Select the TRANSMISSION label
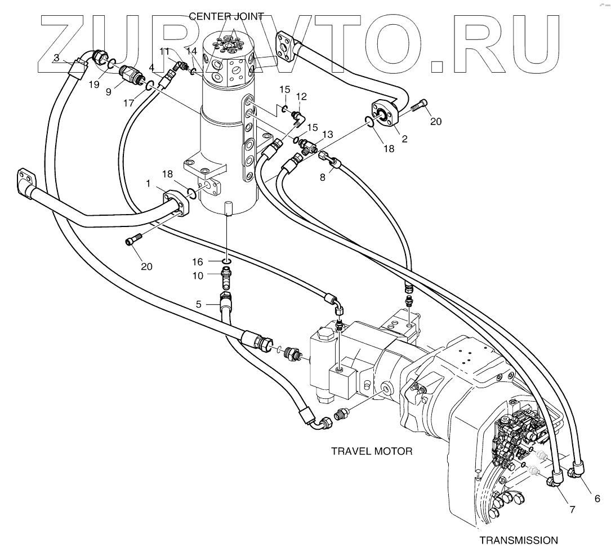[x=518, y=540]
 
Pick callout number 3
[x=56, y=57]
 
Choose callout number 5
[x=198, y=304]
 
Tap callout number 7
[x=572, y=510]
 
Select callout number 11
[x=164, y=52]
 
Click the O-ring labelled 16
[x=226, y=261]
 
